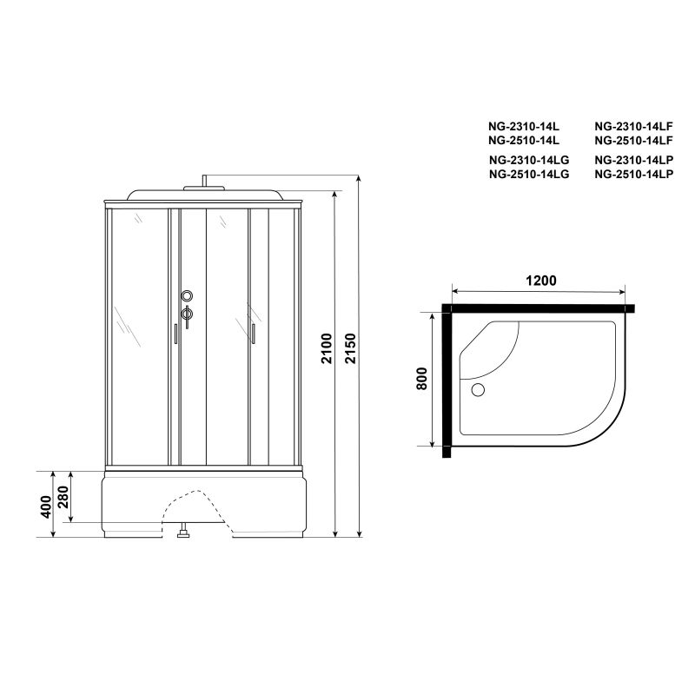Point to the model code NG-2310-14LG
[x=528, y=161]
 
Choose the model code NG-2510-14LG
[x=528, y=174]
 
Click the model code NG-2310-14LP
[x=634, y=161]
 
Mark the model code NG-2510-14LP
[x=634, y=174]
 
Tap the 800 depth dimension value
[x=422, y=380]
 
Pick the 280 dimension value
[x=66, y=498]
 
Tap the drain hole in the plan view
[x=476, y=390]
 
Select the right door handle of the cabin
[x=252, y=334]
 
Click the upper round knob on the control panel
[x=186, y=295]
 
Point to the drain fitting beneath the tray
[x=182, y=534]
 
